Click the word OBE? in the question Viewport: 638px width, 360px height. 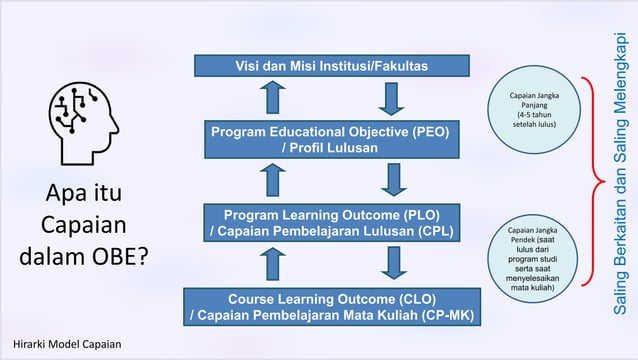coord(117,257)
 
